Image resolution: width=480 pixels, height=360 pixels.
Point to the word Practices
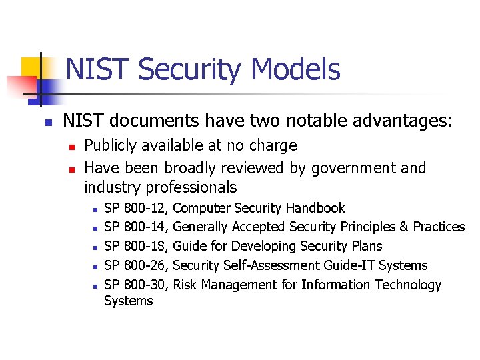(439, 227)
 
